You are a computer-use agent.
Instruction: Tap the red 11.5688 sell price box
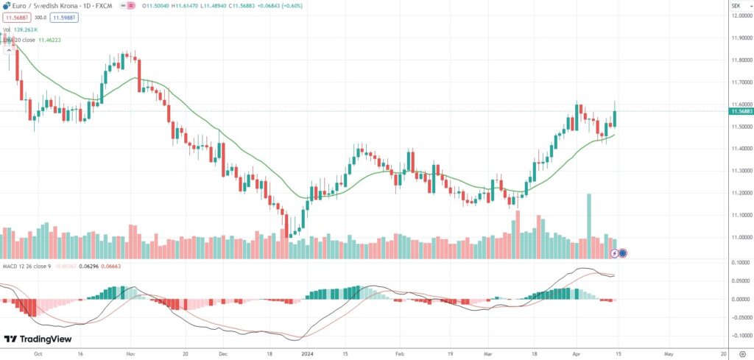click(x=17, y=16)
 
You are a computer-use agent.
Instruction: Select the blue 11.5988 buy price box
click(x=64, y=16)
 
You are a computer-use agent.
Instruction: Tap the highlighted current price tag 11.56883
click(x=741, y=111)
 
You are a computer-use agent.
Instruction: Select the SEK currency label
click(x=735, y=5)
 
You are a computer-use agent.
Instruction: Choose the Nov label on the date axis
click(x=129, y=353)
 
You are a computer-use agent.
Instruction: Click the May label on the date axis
click(x=668, y=353)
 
